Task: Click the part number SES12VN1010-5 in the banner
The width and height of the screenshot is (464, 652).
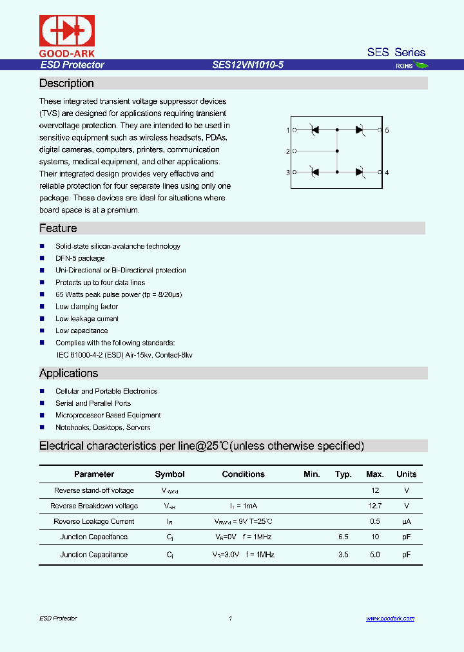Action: point(248,65)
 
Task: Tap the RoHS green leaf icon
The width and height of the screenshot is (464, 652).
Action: point(421,65)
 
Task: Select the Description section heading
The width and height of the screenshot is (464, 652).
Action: point(66,84)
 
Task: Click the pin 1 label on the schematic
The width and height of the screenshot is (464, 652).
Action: point(287,130)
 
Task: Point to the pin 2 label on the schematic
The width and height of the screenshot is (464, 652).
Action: point(287,151)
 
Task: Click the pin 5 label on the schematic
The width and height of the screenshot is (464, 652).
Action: point(387,130)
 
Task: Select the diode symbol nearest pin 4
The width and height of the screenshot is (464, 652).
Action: point(360,172)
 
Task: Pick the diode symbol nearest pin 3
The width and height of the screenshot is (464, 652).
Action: point(314,172)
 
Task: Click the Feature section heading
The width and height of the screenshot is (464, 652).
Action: point(58,229)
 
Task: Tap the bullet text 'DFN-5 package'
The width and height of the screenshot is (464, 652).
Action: point(80,258)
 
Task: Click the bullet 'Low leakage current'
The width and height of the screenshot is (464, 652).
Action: point(87,319)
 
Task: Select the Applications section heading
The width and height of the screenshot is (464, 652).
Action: point(69,374)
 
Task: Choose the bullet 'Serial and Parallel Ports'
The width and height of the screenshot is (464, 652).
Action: point(93,403)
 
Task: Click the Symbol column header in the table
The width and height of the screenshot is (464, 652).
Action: point(169,474)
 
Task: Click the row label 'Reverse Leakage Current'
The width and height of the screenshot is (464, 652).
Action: point(94,522)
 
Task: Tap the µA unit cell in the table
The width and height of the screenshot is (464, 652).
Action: point(406,522)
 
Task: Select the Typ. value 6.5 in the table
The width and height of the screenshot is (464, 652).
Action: point(343,537)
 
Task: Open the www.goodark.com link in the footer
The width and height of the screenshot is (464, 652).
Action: point(390,618)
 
